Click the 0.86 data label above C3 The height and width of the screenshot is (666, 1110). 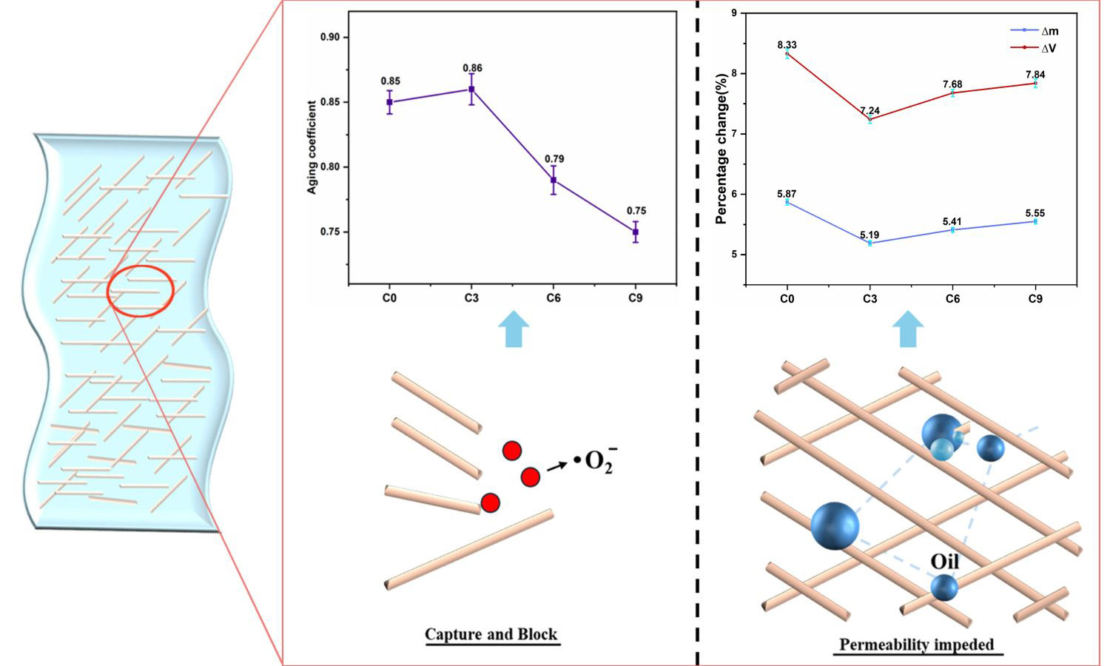[472, 68]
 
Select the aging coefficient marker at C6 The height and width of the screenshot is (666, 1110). [554, 180]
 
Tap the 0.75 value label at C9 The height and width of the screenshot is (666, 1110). [636, 211]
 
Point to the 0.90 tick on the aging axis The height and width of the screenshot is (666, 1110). [330, 38]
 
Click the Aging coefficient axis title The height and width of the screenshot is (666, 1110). [312, 147]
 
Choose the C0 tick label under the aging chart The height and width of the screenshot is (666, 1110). [389, 298]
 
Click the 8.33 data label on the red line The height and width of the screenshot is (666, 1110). [787, 45]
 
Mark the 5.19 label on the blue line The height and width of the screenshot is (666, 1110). [869, 235]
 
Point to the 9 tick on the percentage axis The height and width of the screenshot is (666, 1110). [733, 13]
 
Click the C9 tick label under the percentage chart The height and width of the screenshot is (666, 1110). [1035, 299]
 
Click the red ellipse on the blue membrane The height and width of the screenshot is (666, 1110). [141, 291]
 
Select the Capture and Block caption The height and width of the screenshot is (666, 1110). [491, 634]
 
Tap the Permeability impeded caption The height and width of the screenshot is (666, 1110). [917, 645]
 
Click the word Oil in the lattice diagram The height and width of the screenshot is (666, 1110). [944, 562]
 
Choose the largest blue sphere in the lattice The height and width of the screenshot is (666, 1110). [835, 525]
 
